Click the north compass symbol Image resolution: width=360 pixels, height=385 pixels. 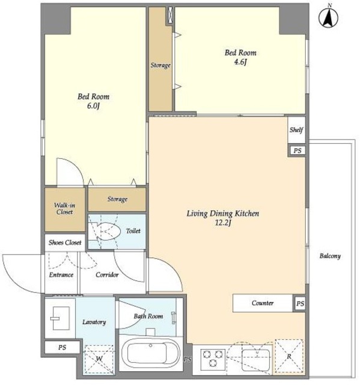pos(328,17)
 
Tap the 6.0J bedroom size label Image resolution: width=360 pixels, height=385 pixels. pos(93,106)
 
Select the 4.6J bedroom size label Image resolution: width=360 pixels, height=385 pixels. pos(240,62)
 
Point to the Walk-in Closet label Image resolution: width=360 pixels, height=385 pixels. pos(64,209)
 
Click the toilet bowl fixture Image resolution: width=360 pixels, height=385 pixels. pos(109,231)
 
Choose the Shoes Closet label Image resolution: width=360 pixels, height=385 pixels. pos(65,242)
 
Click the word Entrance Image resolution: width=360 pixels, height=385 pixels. pos(61,274)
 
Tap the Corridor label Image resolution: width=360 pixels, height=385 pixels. pos(107,274)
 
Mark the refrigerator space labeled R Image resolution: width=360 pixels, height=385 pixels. pos(289,356)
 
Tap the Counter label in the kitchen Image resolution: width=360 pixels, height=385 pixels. pos(263,303)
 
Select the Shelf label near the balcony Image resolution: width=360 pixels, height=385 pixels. pos(296,130)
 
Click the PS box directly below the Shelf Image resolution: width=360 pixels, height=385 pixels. pos(297,150)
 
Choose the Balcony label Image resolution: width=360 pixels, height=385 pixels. pos(330,256)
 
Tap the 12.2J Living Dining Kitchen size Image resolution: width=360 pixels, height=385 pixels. pos(223,223)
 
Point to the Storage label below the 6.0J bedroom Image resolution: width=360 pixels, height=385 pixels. pos(117,199)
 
